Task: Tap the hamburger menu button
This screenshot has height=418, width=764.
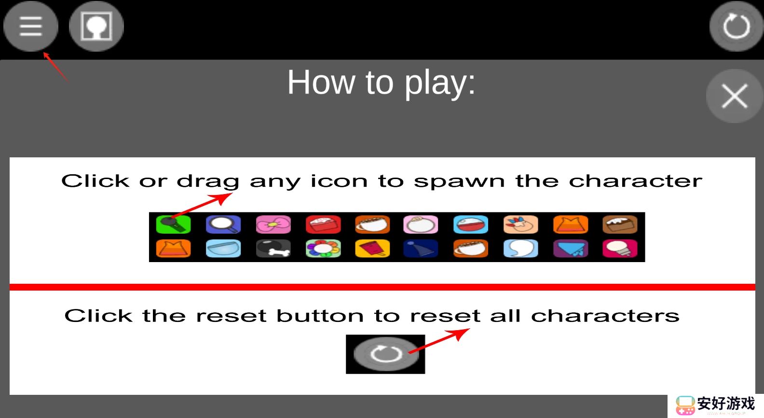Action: (31, 26)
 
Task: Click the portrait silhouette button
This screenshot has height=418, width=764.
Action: (96, 26)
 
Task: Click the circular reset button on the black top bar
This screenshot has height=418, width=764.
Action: (736, 26)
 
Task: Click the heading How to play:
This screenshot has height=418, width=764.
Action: (382, 83)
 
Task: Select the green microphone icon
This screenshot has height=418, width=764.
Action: (173, 224)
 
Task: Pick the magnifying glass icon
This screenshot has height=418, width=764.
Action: (223, 224)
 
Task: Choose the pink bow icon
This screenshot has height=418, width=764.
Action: (273, 224)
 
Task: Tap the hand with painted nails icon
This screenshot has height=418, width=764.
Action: (521, 224)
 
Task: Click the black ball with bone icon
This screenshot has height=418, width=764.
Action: (273, 249)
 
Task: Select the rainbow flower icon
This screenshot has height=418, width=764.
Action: (323, 249)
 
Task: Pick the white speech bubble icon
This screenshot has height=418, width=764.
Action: (521, 249)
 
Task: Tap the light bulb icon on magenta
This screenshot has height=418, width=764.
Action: (620, 249)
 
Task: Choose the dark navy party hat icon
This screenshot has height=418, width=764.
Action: (421, 249)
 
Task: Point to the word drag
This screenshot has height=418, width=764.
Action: (208, 181)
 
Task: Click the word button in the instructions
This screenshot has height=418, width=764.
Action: (320, 316)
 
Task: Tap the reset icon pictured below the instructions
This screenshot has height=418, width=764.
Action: (385, 354)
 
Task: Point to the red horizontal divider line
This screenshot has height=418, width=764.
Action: (382, 287)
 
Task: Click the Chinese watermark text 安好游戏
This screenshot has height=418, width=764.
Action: (726, 404)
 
